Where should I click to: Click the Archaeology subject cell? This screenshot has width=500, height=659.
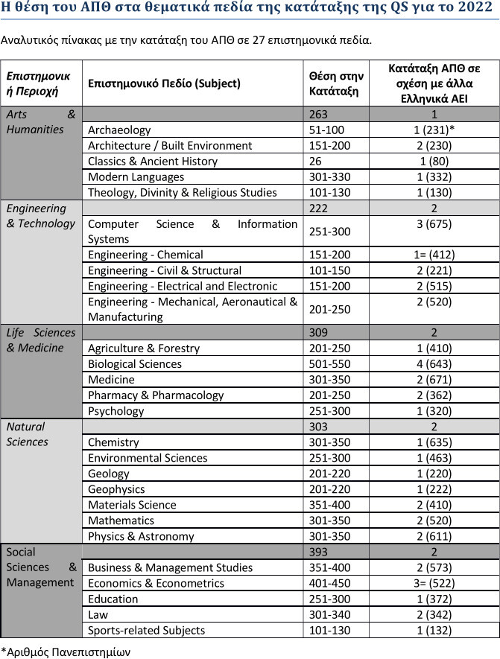pos(119,130)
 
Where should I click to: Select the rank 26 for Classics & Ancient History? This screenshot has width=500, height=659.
pos(315,162)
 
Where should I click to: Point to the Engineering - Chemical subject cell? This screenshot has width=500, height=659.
pos(145,255)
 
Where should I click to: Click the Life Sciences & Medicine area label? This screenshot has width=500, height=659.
pos(41,340)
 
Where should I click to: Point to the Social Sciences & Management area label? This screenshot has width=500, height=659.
pos(41,567)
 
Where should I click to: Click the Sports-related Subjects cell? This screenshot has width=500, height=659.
pos(146,630)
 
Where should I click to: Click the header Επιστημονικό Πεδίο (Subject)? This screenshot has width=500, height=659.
pos(164,83)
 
